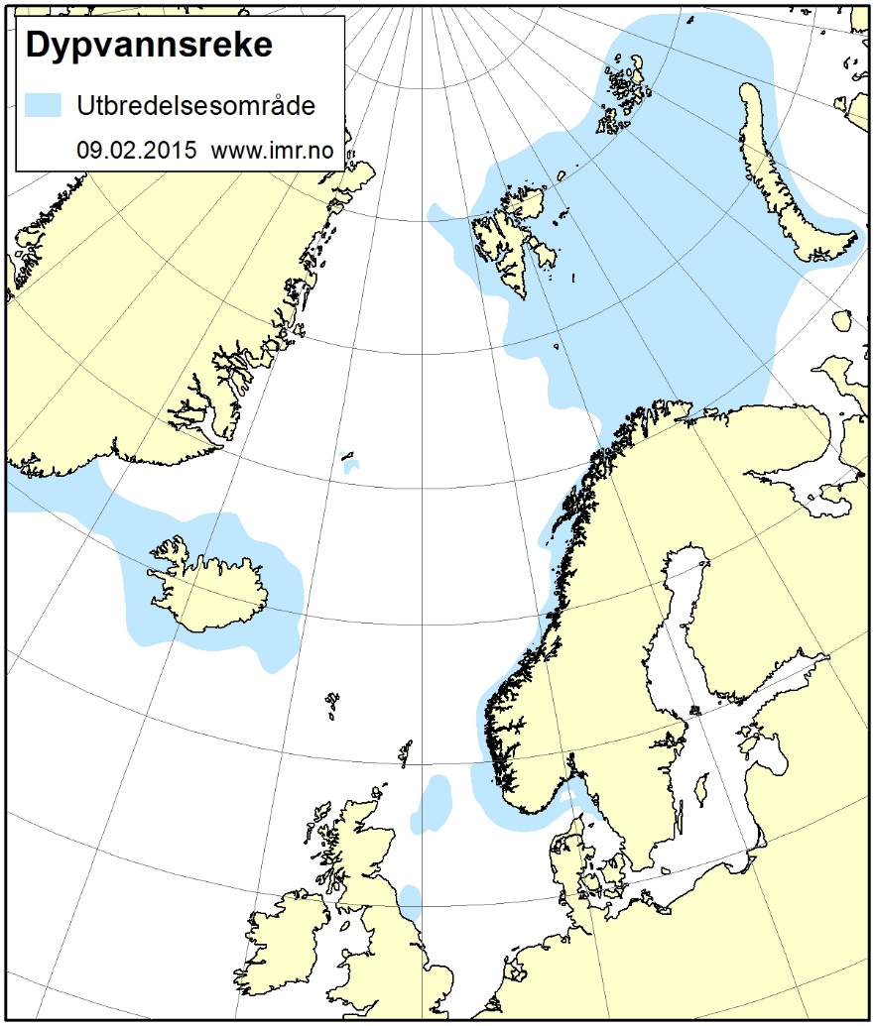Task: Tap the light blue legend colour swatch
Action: click(x=46, y=104)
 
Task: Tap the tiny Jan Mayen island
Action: click(x=347, y=457)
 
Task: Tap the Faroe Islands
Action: click(x=330, y=701)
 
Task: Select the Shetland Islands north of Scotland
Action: click(x=404, y=753)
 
